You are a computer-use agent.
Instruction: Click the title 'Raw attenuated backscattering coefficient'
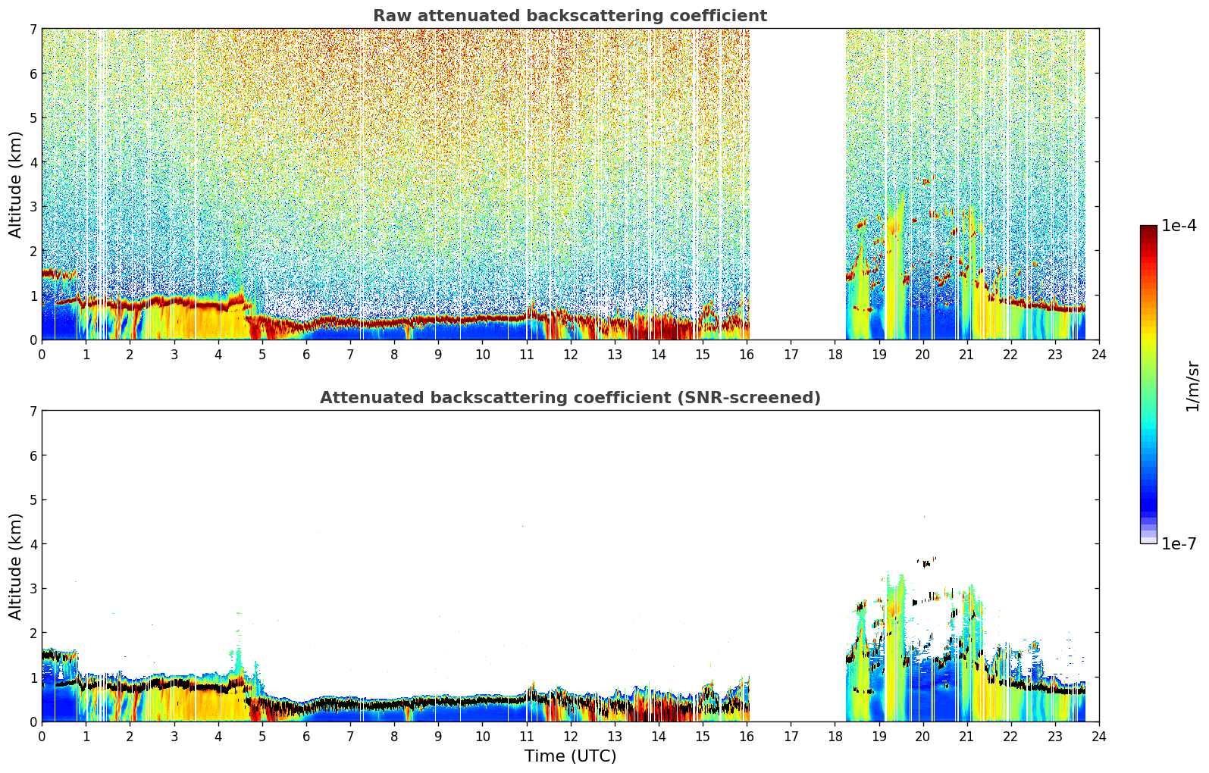[x=570, y=16]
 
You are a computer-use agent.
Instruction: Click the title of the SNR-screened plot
[x=570, y=398]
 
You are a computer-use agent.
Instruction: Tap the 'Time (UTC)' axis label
[x=570, y=756]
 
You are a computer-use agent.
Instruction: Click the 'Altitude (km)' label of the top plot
[x=15, y=185]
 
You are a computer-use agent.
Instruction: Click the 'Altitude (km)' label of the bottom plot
[x=15, y=567]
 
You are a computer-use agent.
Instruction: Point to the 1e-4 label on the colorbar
[x=1179, y=226]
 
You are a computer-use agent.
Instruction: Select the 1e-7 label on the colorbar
[x=1179, y=543]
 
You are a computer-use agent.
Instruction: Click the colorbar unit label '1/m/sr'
[x=1192, y=386]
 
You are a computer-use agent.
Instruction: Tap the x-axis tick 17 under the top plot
[x=791, y=355]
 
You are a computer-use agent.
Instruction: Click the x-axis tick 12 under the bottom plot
[x=571, y=737]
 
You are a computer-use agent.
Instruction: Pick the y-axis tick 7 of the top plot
[x=33, y=29]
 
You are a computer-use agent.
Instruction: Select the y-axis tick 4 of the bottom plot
[x=33, y=544]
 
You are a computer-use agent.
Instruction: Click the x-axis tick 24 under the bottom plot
[x=1099, y=737]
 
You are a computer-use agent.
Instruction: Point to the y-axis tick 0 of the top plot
[x=33, y=340]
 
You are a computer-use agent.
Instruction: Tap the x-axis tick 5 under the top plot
[x=262, y=355]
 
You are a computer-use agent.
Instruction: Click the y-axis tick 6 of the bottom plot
[x=33, y=455]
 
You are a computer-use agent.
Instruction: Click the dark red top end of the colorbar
[x=1148, y=228]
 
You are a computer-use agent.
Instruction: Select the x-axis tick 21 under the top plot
[x=966, y=355]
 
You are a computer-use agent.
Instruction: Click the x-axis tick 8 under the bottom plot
[x=395, y=737]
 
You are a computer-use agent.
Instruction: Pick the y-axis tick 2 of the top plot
[x=33, y=251]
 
